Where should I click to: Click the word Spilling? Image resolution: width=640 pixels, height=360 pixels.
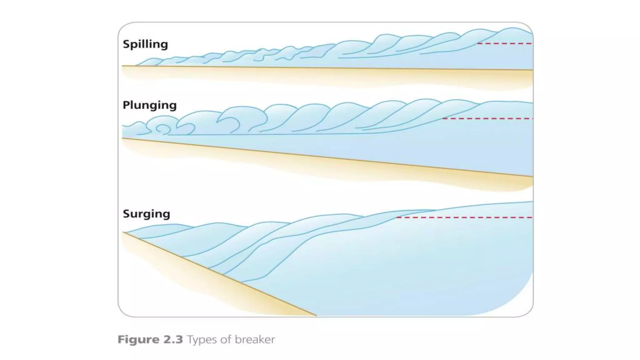click(145, 44)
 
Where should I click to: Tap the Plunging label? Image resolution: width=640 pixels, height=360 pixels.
click(149, 105)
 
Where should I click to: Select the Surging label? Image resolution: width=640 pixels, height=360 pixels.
click(146, 214)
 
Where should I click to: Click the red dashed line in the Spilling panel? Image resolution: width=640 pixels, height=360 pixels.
click(504, 43)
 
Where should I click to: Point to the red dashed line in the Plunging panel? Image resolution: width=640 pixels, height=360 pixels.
click(487, 119)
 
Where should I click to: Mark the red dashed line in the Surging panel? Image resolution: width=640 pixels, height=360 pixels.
click(464, 217)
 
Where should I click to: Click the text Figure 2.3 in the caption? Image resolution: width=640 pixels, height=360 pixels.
click(150, 339)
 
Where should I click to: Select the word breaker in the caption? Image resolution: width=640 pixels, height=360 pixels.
click(255, 339)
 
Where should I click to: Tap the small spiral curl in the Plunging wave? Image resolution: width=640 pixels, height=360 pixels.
click(161, 128)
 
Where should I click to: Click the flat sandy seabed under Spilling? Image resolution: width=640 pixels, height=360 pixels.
click(312, 75)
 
